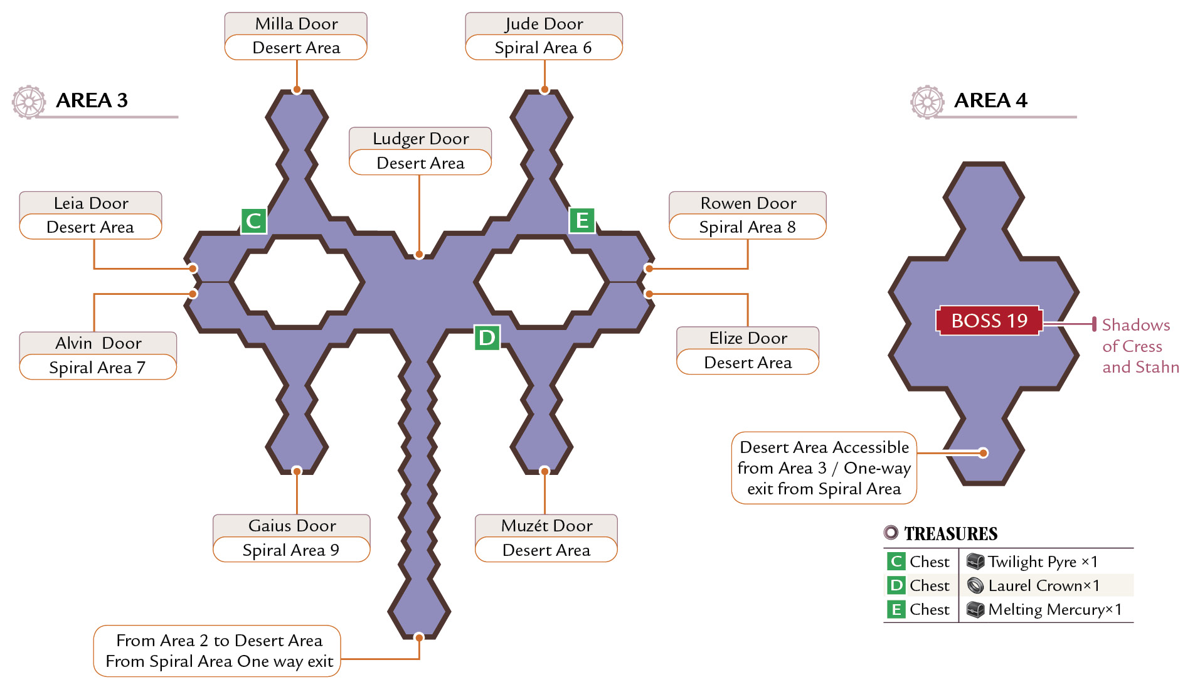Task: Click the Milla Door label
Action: coord(296,24)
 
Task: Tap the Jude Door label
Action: coord(544,24)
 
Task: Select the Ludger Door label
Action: coord(420,139)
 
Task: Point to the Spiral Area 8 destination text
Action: coord(747,227)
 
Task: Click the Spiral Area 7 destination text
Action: coord(97,368)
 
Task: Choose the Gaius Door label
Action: coord(292,526)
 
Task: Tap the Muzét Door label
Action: coord(546,526)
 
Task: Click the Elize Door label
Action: coord(748,338)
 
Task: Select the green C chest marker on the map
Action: coord(254,221)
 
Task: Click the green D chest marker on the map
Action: coord(487,338)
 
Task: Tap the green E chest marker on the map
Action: coord(582,220)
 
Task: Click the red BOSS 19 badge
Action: coord(989,321)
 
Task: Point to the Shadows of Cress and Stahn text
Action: coord(1140,346)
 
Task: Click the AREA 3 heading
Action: coord(92,100)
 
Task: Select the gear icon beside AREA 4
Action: coord(927,102)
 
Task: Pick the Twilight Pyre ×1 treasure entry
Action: coord(1032,562)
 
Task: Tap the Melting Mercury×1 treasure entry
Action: coord(1044,609)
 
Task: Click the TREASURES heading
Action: coord(950,534)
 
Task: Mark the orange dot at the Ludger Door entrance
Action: coord(419,255)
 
